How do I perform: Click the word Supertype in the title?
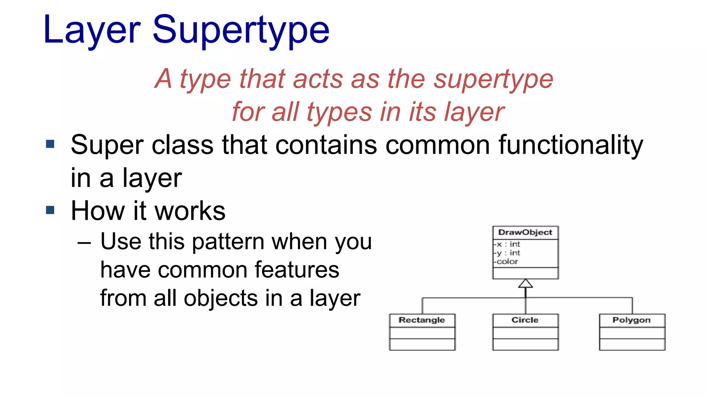241,30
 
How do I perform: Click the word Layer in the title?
92,30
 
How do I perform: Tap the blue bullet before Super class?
50,144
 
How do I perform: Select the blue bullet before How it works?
50,210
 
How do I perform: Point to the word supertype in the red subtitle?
493,79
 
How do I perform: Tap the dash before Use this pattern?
84,243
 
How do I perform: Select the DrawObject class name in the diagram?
525,233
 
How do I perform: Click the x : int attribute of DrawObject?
508,244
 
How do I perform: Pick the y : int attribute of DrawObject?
508,253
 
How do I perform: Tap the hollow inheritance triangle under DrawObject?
525,284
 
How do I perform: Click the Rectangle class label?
422,320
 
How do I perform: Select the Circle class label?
525,320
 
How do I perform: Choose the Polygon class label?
631,320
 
